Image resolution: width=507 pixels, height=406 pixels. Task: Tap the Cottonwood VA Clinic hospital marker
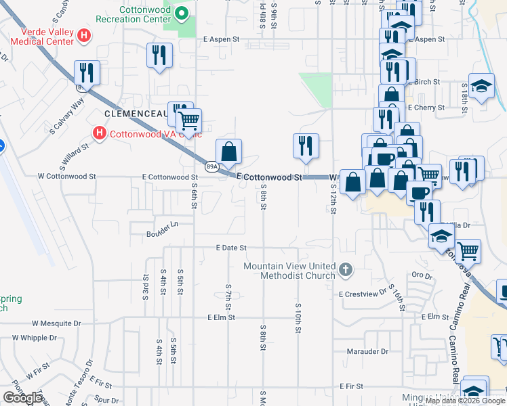pos(100,133)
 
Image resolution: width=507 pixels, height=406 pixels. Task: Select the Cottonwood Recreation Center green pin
pos(182,13)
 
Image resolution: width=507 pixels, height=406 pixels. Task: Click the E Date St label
pos(231,248)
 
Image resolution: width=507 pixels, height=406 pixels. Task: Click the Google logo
pos(23,398)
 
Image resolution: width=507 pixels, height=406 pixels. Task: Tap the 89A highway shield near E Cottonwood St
pos(211,166)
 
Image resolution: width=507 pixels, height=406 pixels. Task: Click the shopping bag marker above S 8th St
pos(229,152)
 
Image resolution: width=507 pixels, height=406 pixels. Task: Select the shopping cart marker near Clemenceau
pos(189,121)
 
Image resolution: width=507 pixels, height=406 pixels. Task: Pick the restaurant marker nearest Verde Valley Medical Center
pos(87,72)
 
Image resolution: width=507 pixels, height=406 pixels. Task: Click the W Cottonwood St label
pos(67,176)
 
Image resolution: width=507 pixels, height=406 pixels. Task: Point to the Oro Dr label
pos(422,275)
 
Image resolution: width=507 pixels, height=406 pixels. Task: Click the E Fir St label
pos(352,386)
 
